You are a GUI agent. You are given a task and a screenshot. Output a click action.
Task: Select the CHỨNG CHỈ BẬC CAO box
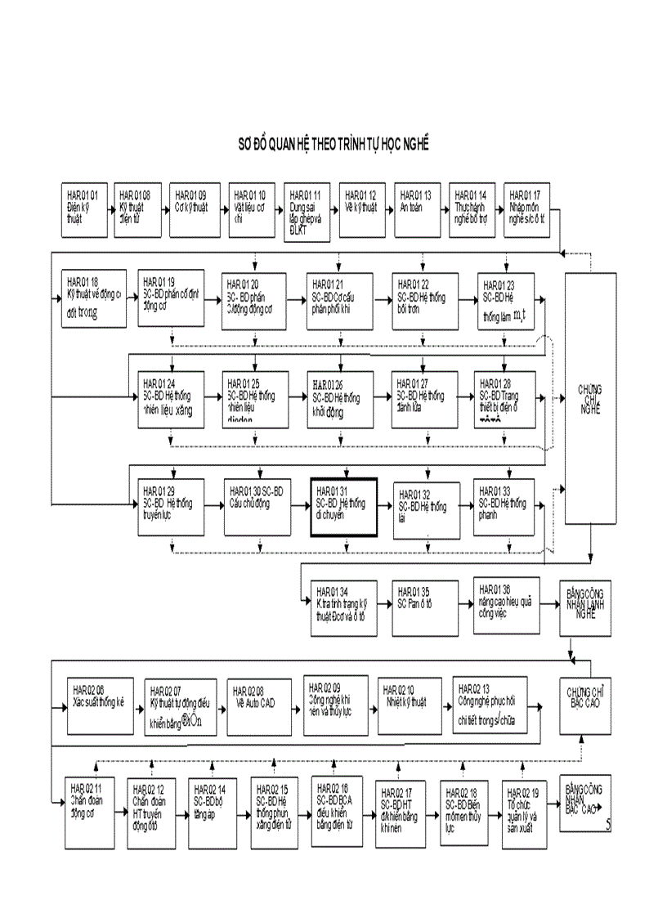pos(586,698)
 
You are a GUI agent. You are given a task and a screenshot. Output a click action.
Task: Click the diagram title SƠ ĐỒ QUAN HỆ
pos(333,144)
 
